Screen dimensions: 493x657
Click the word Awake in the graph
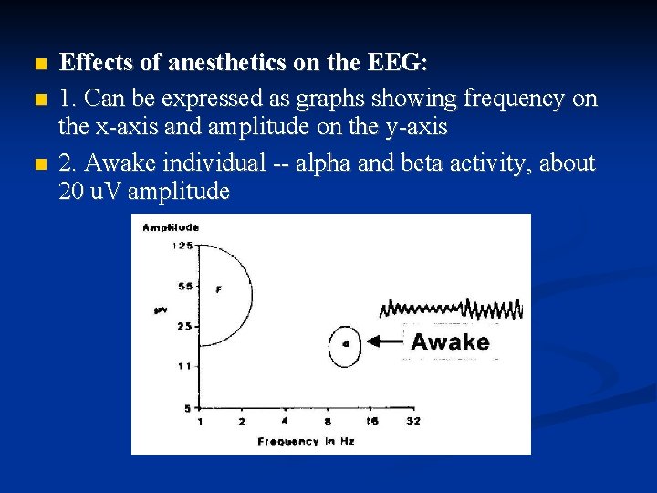click(450, 342)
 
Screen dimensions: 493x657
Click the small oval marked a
click(345, 345)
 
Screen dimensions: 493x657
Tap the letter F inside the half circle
click(218, 289)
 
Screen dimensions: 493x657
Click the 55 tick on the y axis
click(185, 286)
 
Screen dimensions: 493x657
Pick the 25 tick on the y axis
click(185, 326)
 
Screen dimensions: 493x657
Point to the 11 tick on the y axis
click(185, 366)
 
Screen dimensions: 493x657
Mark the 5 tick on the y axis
click(188, 407)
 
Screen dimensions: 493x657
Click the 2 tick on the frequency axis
click(242, 422)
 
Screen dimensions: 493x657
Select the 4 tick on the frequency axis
click(285, 422)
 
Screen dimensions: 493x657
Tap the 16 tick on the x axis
click(371, 422)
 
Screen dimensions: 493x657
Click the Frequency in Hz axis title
click(305, 441)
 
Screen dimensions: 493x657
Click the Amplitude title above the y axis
click(172, 227)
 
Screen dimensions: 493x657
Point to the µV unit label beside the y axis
click(160, 310)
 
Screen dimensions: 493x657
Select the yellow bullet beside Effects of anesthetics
click(36, 65)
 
